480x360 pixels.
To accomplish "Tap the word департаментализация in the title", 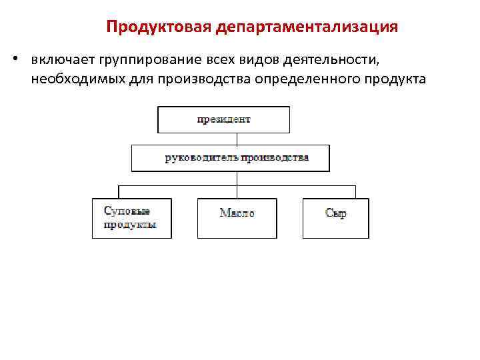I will (x=307, y=27).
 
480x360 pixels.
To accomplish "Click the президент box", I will (x=223, y=120).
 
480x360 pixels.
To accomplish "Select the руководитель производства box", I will (x=237, y=158).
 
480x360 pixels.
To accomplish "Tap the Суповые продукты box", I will (x=131, y=218).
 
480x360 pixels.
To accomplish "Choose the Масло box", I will (x=237, y=218).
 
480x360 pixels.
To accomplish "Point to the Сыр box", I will (x=335, y=218).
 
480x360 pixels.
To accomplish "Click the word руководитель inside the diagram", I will (x=197, y=158).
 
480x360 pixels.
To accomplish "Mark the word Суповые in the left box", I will (x=122, y=211).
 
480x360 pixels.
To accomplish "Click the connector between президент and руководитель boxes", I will (x=237, y=139).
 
